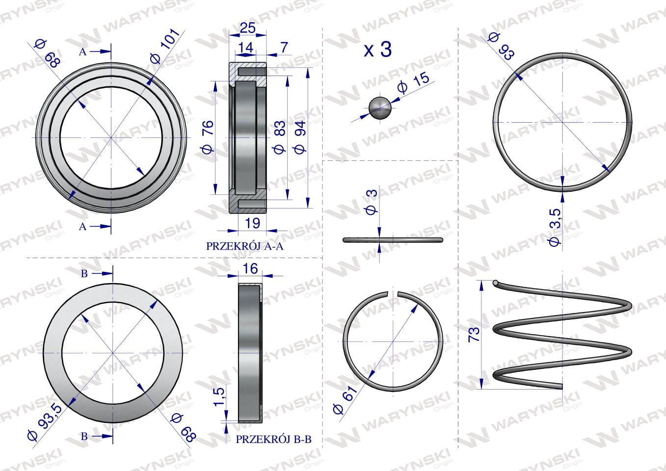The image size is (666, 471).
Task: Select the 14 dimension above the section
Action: pos(245,47)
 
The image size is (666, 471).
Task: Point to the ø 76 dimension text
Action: pos(208,137)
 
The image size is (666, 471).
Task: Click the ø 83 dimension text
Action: pos(279,137)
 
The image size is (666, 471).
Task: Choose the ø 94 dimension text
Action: pos(300,137)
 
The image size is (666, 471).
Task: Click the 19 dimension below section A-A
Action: pos(252,223)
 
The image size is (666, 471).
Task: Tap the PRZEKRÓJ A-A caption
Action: pos(245,246)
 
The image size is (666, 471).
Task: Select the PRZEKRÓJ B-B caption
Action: pos(273,440)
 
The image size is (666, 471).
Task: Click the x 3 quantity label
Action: pos(378,50)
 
